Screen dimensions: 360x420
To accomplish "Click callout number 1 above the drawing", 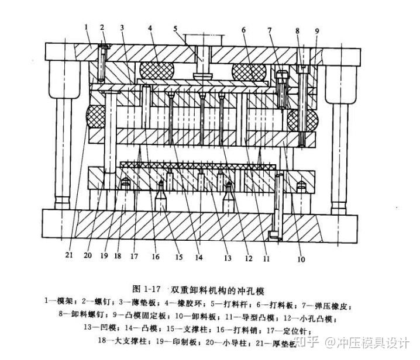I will [85, 26].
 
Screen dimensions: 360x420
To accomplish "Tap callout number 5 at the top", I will [175, 28].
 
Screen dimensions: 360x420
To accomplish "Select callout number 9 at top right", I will [316, 31].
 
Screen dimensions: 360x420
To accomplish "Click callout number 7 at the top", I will [270, 30].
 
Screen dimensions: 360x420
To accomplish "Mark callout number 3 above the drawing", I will [122, 27].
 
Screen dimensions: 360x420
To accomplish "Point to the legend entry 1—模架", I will [58, 302].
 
